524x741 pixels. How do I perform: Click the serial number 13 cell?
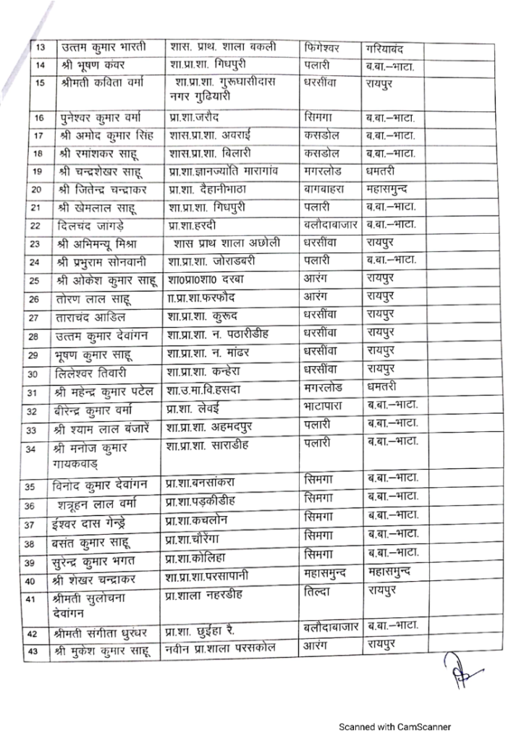(41, 48)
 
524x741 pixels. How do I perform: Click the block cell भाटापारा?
(329, 410)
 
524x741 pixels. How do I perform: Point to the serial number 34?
(41, 449)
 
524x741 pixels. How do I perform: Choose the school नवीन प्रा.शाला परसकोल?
(220, 648)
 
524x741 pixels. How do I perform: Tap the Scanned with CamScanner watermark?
(396, 726)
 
